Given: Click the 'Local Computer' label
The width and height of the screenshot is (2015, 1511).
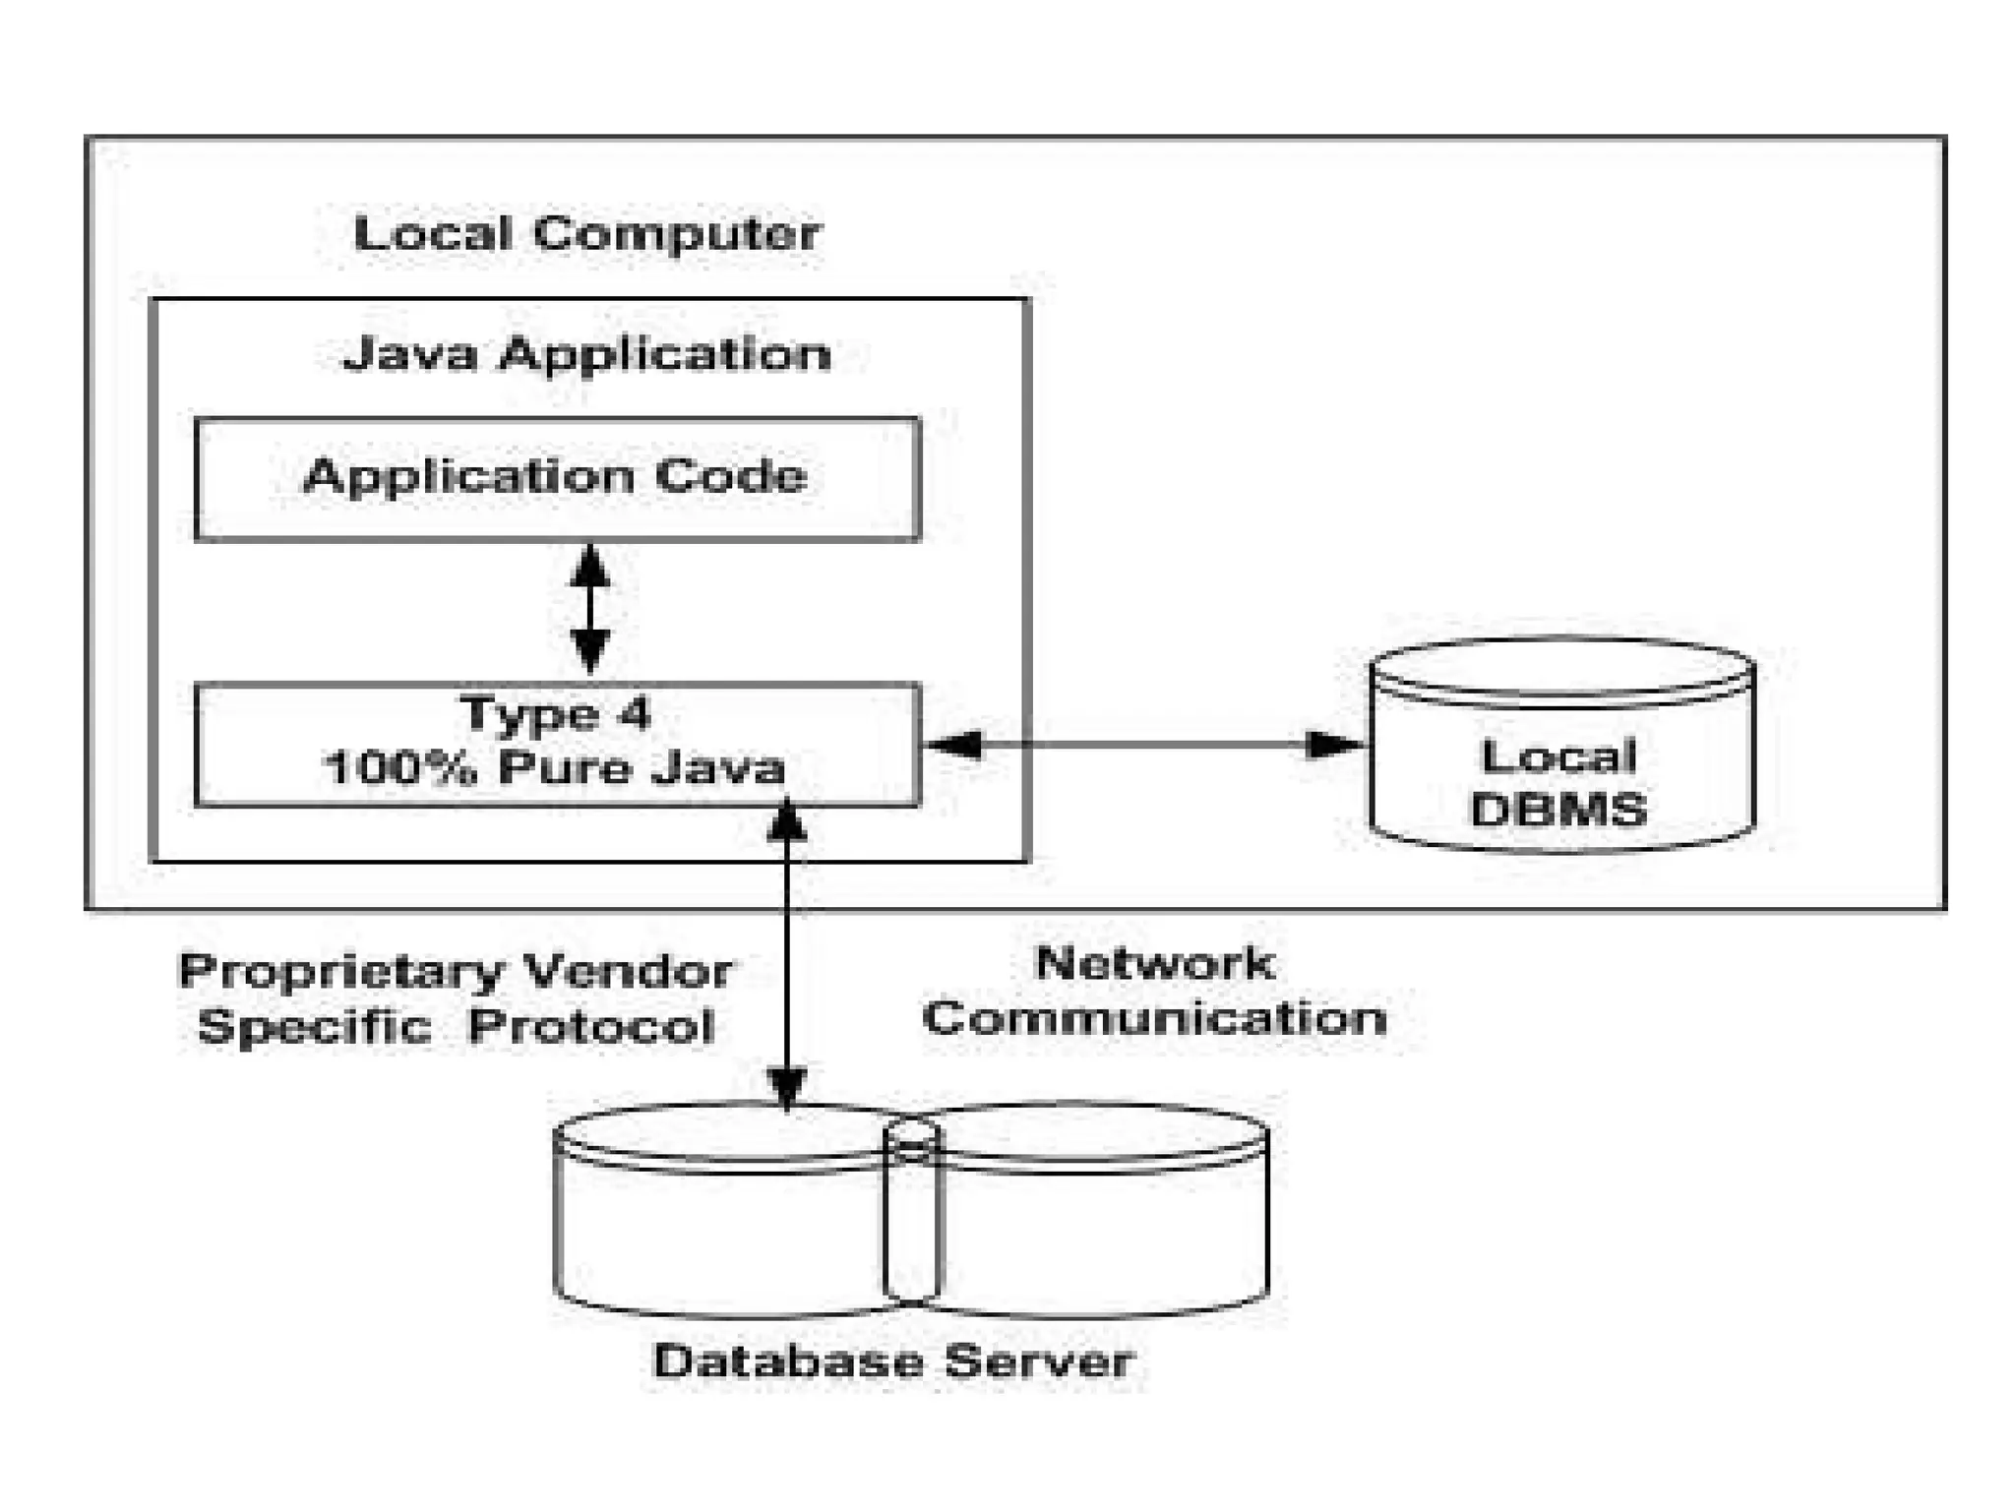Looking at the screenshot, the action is [587, 234].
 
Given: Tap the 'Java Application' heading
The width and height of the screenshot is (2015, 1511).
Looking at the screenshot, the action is [586, 354].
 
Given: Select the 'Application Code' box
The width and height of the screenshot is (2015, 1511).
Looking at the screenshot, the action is [558, 479].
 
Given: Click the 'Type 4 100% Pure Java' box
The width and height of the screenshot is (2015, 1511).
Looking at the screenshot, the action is [558, 745].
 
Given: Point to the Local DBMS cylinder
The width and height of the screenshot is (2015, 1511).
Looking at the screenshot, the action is [1562, 745].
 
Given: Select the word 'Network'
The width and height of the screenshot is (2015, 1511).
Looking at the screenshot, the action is [1155, 963].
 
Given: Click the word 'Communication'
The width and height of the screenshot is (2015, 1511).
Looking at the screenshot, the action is [1155, 1018].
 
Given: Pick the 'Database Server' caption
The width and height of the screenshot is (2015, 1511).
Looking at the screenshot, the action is [893, 1362].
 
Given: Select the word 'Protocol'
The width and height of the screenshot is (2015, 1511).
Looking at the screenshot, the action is [591, 1027].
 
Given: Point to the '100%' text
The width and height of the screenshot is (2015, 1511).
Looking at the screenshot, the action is [398, 768].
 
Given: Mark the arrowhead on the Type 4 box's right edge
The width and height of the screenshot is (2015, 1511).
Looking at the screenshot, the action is [954, 745].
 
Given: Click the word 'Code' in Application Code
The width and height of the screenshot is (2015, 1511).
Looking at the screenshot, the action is [731, 477].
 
